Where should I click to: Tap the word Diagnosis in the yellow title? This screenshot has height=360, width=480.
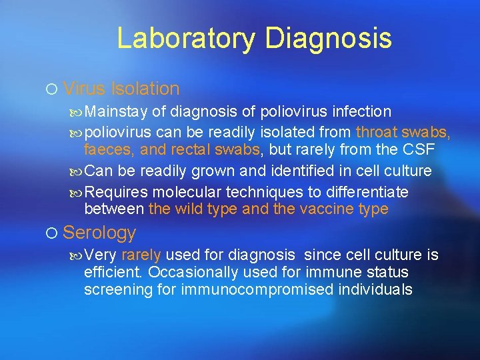(x=328, y=39)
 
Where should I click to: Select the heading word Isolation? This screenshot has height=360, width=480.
(x=145, y=89)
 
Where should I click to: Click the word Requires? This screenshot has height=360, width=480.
(x=117, y=193)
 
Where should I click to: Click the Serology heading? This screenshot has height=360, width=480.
(x=99, y=233)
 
